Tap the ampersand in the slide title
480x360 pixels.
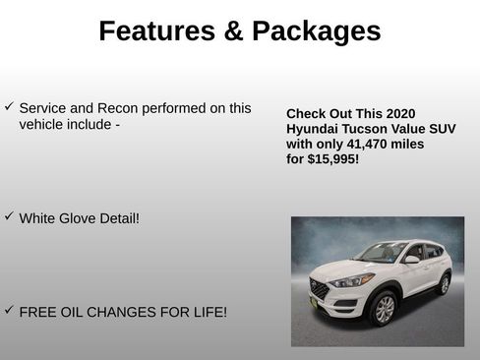[x=231, y=31]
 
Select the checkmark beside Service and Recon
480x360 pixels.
[x=9, y=106]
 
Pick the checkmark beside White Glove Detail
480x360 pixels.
[x=9, y=215]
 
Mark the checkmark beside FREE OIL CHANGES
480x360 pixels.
[x=9, y=310]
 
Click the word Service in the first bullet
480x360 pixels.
[x=45, y=108]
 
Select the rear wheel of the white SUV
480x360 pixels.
[x=444, y=284]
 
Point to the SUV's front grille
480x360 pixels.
[x=319, y=290]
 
